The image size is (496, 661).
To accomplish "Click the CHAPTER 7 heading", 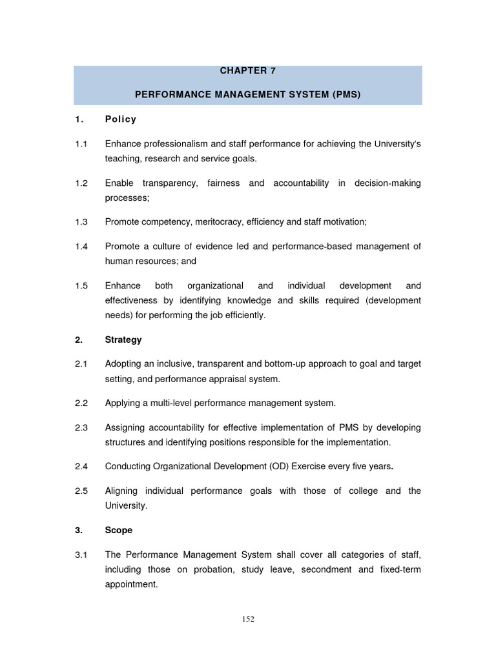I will pyautogui.click(x=248, y=71).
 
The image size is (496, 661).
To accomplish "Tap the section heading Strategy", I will pyautogui.click(x=123, y=340).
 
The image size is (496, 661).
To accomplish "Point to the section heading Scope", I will pyautogui.click(x=119, y=530).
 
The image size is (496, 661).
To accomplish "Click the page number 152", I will pyautogui.click(x=248, y=619).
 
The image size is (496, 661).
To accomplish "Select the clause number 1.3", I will pyautogui.click(x=81, y=221).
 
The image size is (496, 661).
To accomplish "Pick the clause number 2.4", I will pyautogui.click(x=81, y=465).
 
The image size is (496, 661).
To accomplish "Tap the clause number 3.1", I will pyautogui.click(x=81, y=554).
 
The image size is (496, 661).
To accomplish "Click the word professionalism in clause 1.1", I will pyautogui.click(x=178, y=144).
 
